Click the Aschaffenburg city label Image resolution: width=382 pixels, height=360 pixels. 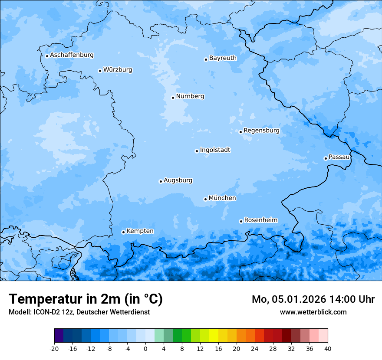point(72,55)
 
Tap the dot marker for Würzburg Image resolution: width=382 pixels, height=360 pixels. point(100,71)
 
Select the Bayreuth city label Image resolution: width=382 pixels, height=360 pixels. point(223,58)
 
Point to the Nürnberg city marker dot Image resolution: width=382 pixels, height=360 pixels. point(173,98)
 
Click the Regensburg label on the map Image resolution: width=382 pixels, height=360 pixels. point(261,131)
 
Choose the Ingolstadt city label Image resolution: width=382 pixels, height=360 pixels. point(215,150)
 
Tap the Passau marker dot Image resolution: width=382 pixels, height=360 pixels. point(326,158)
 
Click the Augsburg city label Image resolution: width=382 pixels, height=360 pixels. point(178,180)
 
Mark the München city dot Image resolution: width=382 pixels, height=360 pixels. point(205,199)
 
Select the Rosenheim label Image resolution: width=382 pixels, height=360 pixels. point(260,220)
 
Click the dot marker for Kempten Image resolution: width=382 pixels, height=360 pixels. point(123,232)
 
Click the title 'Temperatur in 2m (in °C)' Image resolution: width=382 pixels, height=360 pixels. point(86,299)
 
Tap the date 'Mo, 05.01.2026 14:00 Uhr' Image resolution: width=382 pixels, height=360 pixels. point(313,299)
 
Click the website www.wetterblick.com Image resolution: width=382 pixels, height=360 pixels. point(313,312)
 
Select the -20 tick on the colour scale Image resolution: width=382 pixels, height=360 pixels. point(54,349)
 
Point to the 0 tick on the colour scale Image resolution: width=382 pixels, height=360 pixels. point(145,349)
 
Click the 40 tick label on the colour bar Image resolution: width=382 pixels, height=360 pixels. point(328,349)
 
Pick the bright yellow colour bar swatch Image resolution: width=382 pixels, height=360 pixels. point(214,336)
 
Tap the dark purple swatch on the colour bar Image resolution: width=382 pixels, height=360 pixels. point(59,336)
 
